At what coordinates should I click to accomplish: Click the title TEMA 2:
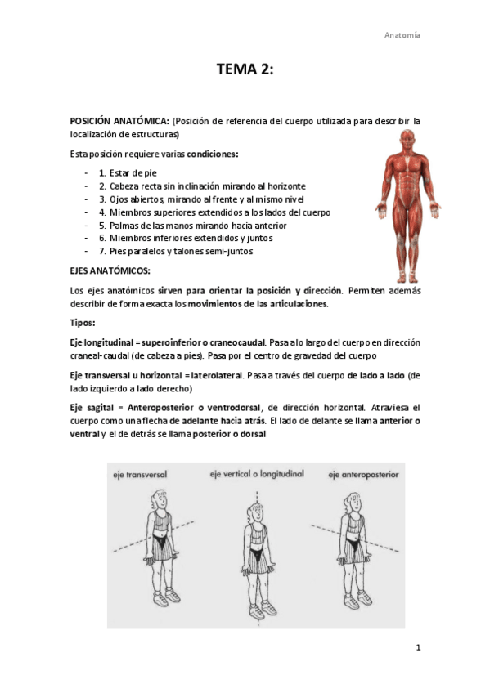245,70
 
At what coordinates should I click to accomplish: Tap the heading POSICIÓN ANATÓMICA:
119,121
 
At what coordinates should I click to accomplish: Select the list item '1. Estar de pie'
127,173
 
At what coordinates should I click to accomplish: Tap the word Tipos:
83,323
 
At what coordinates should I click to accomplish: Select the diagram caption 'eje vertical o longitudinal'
256,474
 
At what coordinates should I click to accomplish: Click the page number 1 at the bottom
418,648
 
